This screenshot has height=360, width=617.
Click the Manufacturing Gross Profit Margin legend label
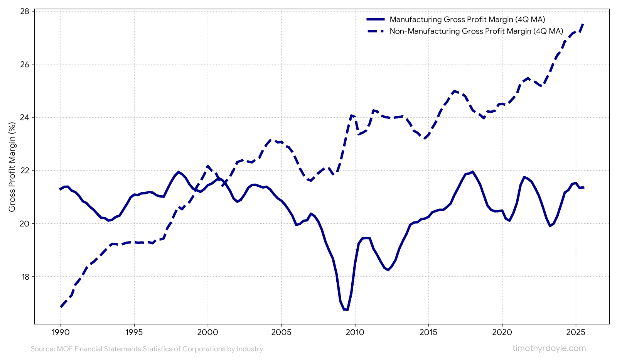click(467, 19)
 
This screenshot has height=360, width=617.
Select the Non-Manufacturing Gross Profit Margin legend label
click(476, 31)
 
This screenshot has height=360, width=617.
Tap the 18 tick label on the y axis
click(25, 277)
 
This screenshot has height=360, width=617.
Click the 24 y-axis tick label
click(25, 117)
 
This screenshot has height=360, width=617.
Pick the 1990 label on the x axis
click(61, 332)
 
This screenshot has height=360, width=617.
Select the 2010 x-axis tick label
click(355, 332)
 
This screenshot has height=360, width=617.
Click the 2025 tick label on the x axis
click(576, 332)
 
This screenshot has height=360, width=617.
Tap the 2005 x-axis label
click(281, 332)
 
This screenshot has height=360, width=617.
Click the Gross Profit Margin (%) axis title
click(12, 167)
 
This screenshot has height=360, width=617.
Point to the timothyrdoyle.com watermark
click(549, 348)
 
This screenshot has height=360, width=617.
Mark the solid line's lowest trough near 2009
click(346, 309)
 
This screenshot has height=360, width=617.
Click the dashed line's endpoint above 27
click(583, 24)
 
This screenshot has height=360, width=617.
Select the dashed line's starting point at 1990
click(61, 307)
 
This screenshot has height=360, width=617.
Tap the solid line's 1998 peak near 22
click(178, 172)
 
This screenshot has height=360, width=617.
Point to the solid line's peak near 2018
click(472, 172)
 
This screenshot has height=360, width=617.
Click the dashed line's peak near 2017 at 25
click(455, 91)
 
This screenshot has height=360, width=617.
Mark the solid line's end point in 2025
click(584, 187)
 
